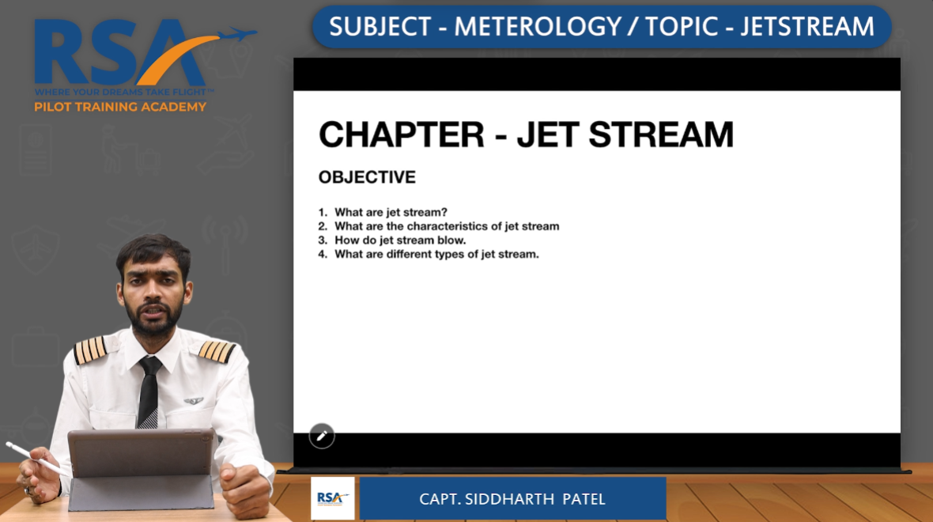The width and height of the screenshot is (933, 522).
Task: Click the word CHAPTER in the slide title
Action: point(401,135)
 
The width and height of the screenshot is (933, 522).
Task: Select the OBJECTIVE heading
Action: point(367,177)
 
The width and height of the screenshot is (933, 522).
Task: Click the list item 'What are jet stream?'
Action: point(391,212)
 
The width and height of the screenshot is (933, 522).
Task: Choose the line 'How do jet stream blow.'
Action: point(400,240)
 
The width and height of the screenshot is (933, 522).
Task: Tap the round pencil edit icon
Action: point(322,435)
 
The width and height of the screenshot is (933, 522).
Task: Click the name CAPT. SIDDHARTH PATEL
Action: point(512,499)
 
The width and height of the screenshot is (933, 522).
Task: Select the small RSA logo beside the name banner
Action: point(332,498)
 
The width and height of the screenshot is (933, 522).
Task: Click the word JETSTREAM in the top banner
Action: point(807,27)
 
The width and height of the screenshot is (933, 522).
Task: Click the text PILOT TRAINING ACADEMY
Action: point(120,107)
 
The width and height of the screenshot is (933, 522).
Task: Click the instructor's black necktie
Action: point(149,391)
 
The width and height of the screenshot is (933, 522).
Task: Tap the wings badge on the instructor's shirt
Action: point(194,401)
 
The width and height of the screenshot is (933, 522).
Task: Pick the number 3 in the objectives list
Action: point(323,240)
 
